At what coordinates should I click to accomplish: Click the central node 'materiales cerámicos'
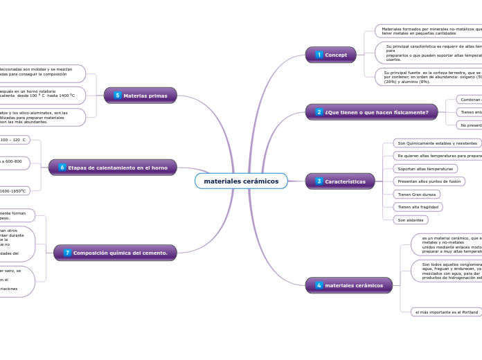[241, 181]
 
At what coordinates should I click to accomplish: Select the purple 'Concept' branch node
[330, 55]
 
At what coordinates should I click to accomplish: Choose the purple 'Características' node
[339, 181]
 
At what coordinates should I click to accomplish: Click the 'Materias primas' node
[141, 96]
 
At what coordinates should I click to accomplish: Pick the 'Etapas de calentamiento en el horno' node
[113, 168]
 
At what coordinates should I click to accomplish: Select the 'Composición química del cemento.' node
[115, 253]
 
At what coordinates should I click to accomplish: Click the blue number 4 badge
[319, 285]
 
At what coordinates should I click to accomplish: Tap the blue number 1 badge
[319, 55]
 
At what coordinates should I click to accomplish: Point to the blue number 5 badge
[117, 96]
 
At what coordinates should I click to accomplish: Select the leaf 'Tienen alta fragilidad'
[418, 207]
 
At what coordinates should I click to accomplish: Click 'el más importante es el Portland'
[447, 312]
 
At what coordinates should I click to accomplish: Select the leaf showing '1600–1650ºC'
[14, 191]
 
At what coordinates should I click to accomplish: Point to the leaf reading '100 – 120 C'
[14, 140]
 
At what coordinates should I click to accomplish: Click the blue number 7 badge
[67, 253]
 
